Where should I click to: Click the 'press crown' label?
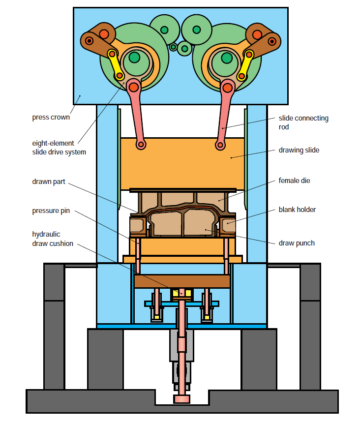51,117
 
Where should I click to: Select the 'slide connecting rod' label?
303,122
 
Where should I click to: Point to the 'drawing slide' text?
299,150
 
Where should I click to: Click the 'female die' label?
294,181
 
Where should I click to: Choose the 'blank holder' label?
296,210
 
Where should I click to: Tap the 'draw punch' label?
296,243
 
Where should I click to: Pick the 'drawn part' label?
48,181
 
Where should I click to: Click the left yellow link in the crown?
116,64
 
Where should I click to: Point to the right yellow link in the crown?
245,64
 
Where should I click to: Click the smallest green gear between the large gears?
173,47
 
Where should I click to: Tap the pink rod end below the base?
181,398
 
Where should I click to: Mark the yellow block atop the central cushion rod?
181,294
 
